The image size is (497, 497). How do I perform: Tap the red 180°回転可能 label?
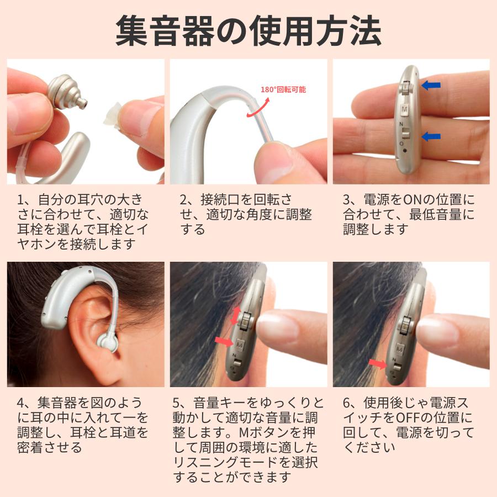[x=283, y=89]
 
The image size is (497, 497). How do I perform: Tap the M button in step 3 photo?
[x=405, y=110]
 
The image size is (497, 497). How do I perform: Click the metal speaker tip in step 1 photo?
[x=66, y=91]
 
